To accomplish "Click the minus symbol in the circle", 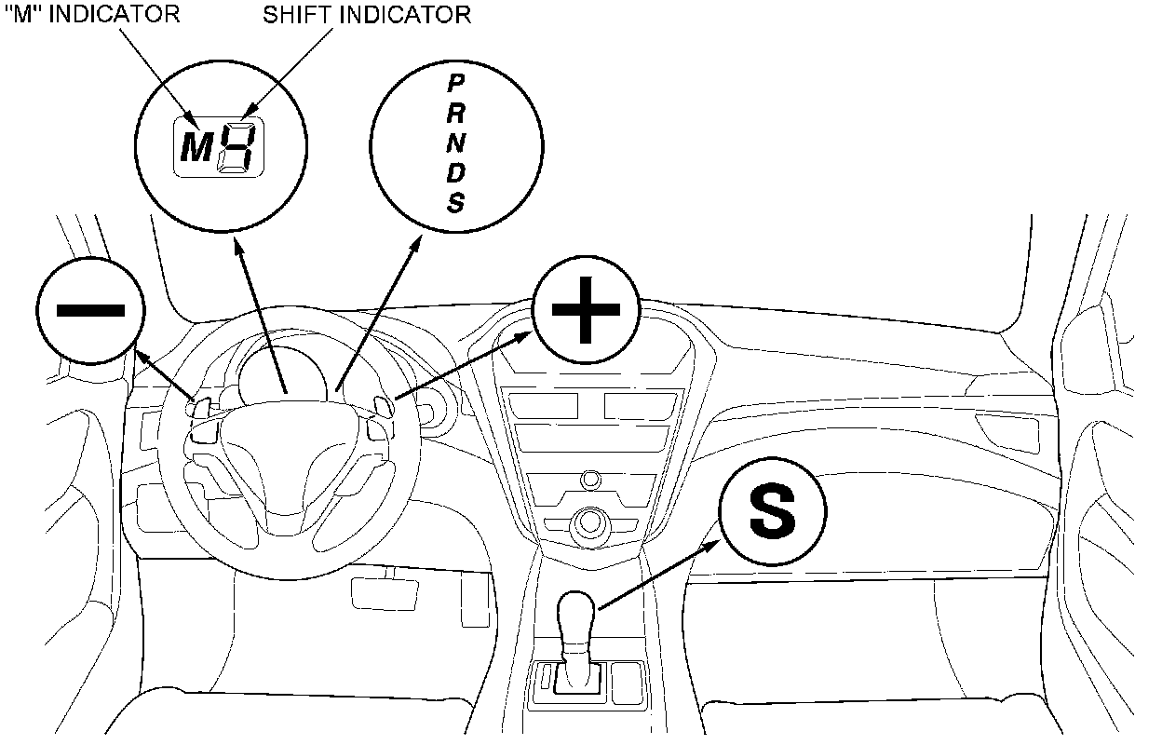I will click(x=90, y=309).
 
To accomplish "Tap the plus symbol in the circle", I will click(x=586, y=309).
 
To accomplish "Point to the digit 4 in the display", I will click(x=235, y=147).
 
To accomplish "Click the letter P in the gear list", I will click(x=455, y=84).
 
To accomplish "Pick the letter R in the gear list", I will click(x=456, y=114).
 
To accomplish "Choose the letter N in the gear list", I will click(x=456, y=143).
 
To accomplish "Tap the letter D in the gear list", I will click(x=456, y=173).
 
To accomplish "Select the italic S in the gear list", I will click(x=455, y=203).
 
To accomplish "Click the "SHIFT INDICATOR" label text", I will click(x=367, y=15).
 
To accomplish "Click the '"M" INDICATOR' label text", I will click(x=92, y=15).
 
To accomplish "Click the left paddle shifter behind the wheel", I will click(x=201, y=406).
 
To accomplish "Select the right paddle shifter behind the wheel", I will click(x=381, y=405).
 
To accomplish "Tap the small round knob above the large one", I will click(x=589, y=481).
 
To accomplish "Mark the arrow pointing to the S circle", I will click(x=661, y=573).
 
